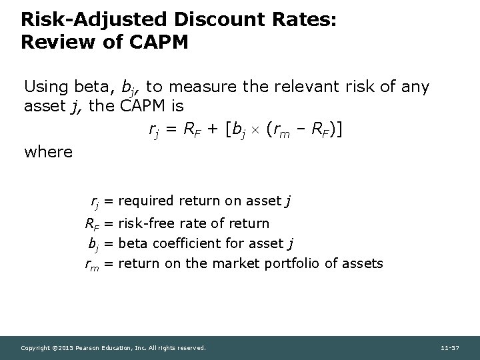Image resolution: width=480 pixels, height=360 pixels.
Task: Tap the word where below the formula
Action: (x=48, y=151)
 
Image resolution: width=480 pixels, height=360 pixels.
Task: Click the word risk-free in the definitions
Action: (x=145, y=223)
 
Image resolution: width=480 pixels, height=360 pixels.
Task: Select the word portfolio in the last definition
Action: (x=294, y=263)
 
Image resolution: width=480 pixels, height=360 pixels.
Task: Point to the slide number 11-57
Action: (x=451, y=347)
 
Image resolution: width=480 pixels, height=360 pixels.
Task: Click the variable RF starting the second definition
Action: (x=92, y=224)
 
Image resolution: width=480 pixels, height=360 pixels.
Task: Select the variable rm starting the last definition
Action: (x=92, y=264)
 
